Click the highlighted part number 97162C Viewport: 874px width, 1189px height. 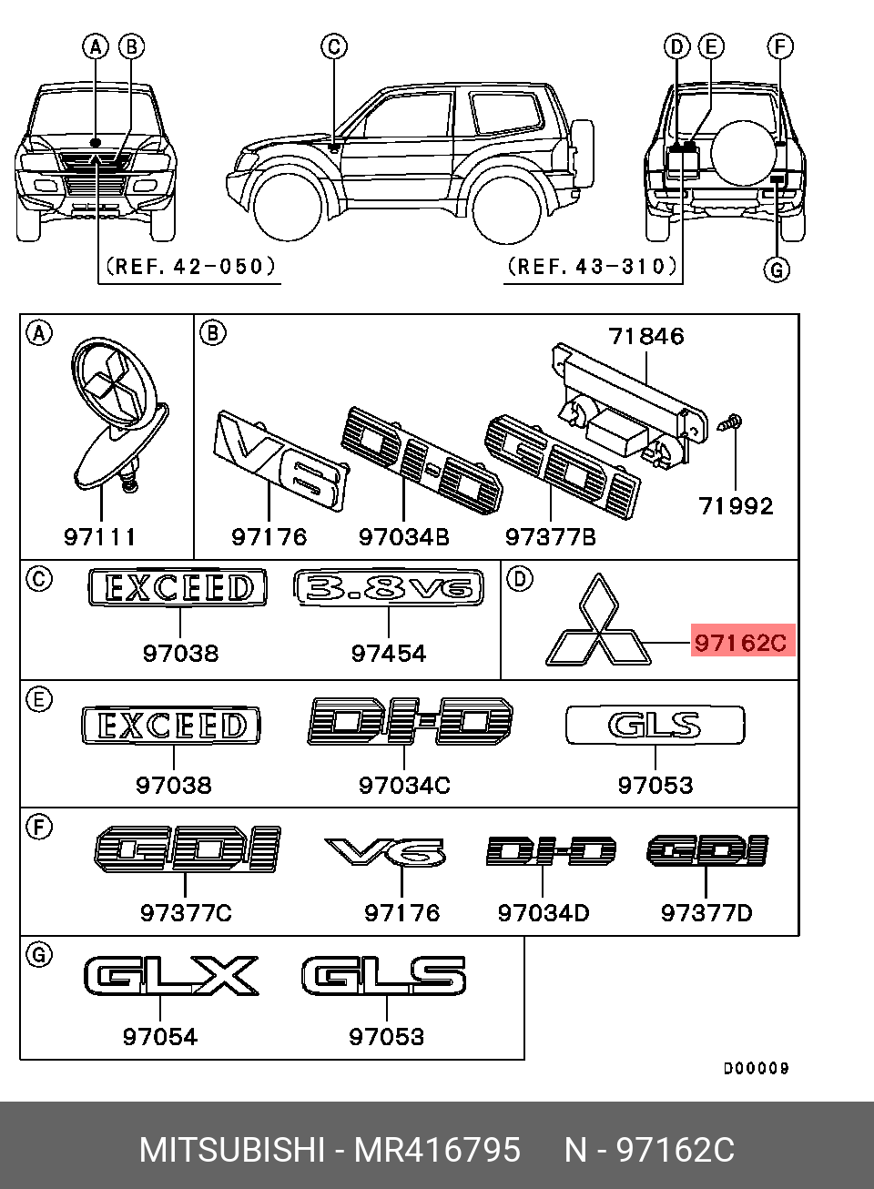(x=740, y=642)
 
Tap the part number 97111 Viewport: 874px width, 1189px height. (x=100, y=537)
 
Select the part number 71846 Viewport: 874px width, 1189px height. (x=646, y=337)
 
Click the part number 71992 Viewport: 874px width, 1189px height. (x=736, y=506)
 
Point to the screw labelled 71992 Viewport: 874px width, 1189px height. (x=731, y=422)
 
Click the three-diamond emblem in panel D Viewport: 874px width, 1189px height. (x=598, y=623)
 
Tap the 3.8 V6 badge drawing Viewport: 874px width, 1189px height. (x=389, y=587)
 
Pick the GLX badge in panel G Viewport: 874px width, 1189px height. (x=171, y=976)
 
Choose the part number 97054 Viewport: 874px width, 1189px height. (x=160, y=1036)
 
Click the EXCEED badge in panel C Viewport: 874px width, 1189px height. (x=178, y=587)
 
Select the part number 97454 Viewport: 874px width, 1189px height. (x=389, y=653)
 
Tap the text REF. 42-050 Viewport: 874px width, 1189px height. (x=190, y=266)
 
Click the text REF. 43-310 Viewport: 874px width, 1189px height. (x=593, y=266)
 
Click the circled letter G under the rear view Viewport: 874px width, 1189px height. (x=777, y=269)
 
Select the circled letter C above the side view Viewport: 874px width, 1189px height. (x=334, y=46)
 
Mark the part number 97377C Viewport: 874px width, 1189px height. (x=186, y=912)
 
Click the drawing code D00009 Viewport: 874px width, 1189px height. (x=756, y=1068)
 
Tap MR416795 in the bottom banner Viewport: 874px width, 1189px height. (x=437, y=1150)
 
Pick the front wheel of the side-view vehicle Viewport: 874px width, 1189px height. (x=288, y=207)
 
